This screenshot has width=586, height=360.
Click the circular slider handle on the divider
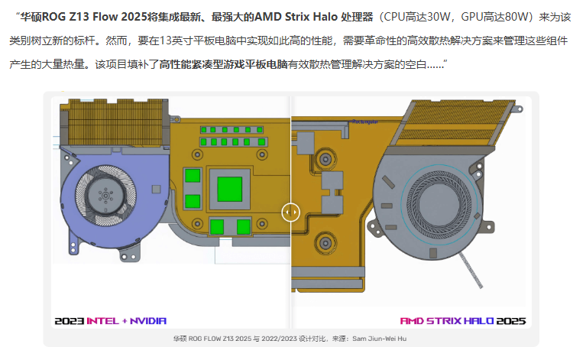tap(290, 212)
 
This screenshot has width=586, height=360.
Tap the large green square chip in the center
tap(229, 189)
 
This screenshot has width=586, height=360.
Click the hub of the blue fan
tap(105, 196)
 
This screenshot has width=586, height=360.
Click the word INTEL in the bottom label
tap(102, 321)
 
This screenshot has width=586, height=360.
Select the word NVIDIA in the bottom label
tap(148, 321)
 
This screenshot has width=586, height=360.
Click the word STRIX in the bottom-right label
tap(444, 321)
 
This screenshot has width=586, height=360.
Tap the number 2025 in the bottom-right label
tap(511, 321)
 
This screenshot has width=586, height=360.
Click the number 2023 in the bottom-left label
tap(69, 321)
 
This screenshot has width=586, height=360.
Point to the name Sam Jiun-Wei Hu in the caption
tap(379, 339)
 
